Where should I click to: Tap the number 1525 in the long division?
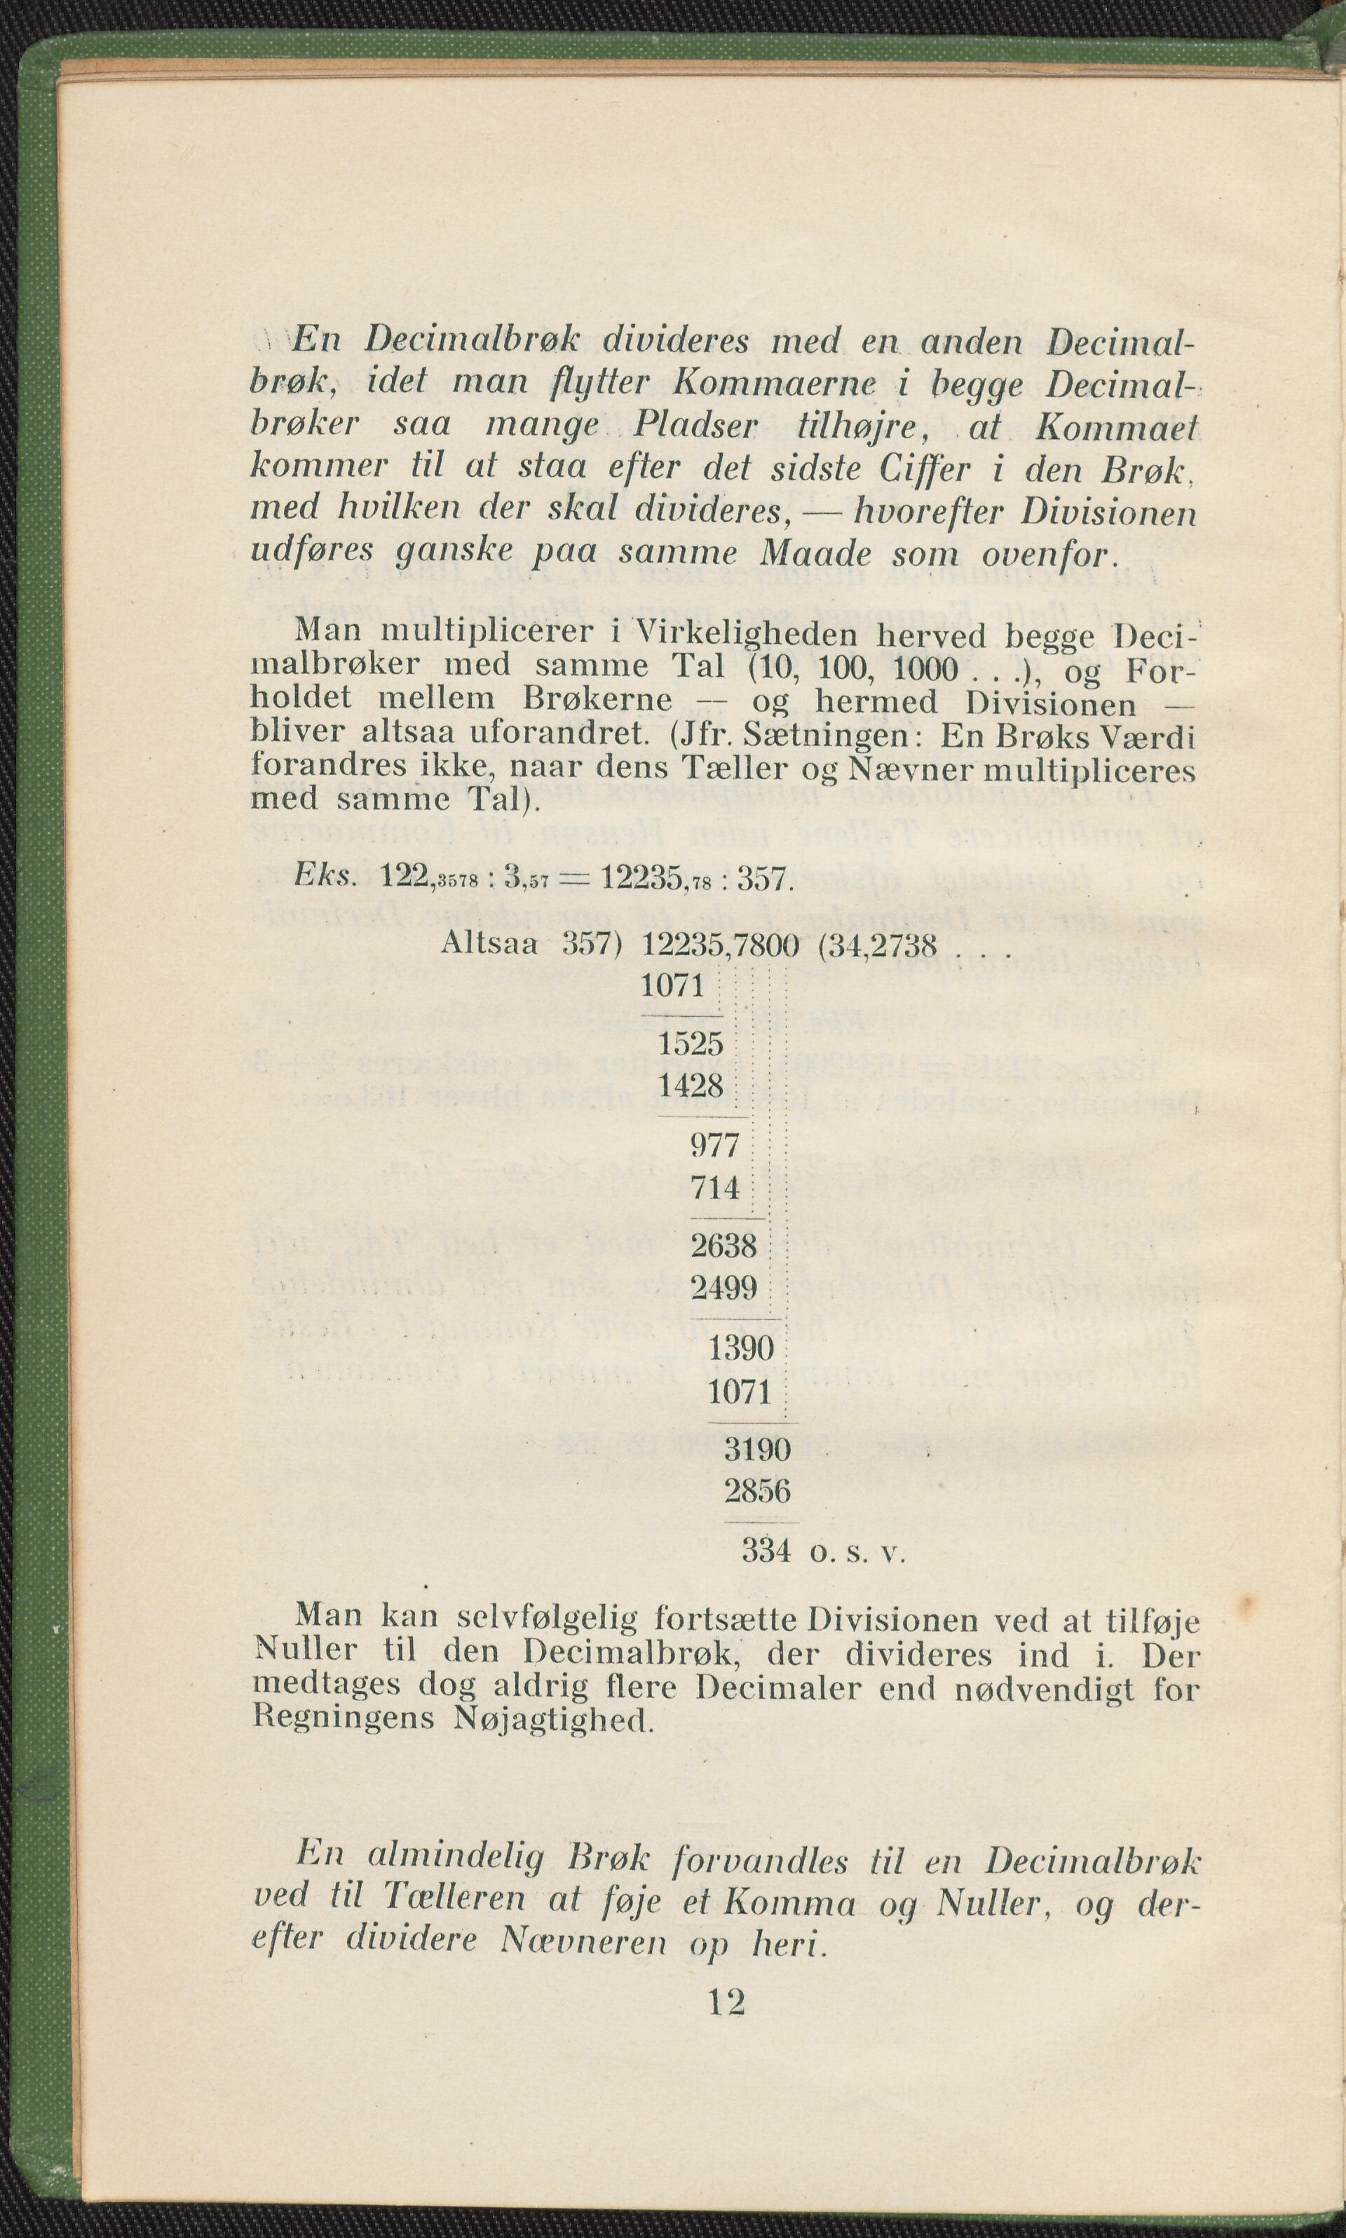[x=691, y=1044]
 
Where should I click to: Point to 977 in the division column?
[x=716, y=1146]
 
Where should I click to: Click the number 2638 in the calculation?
[x=723, y=1246]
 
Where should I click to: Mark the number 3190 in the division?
[x=757, y=1450]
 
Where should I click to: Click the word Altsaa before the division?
[x=489, y=945]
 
